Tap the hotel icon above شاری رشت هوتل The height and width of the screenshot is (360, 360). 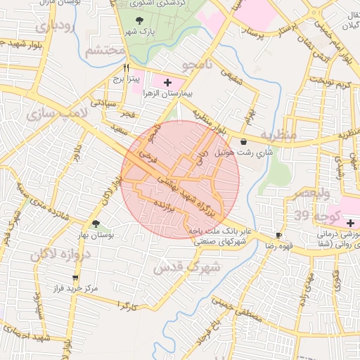[243, 141]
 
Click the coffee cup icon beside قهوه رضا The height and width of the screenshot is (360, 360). [279, 235]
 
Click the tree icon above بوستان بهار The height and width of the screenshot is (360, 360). [96, 223]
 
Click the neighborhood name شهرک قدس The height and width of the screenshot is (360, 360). [186, 267]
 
